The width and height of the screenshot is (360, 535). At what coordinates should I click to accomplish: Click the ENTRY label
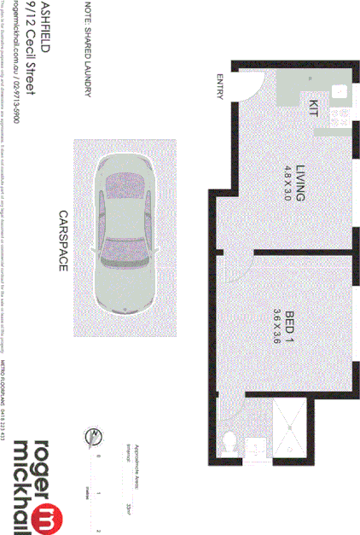(x=219, y=88)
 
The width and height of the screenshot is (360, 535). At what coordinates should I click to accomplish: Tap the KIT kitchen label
(x=312, y=108)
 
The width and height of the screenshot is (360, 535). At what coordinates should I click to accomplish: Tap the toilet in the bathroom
(x=228, y=442)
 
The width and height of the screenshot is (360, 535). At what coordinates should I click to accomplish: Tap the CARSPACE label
(x=62, y=241)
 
